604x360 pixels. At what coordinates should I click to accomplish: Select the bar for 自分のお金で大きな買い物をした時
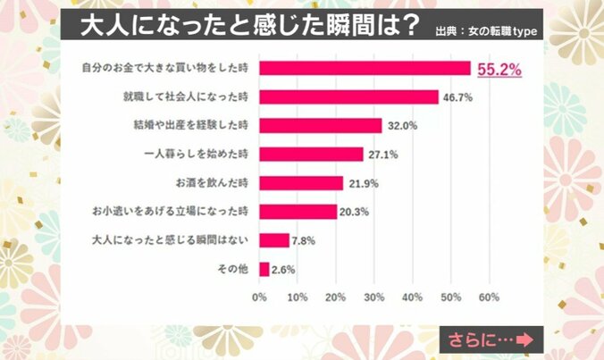click(365, 69)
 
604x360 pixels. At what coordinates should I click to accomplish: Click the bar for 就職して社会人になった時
click(348, 96)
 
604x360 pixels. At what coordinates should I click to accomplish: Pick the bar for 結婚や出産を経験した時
click(321, 125)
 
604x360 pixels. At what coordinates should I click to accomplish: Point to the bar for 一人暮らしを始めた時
click(311, 154)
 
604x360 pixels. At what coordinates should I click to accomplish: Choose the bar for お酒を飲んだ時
click(301, 182)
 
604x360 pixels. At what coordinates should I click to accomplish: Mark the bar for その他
click(264, 268)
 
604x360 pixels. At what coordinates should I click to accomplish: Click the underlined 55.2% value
click(499, 69)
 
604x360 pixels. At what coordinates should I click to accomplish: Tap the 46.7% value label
click(458, 97)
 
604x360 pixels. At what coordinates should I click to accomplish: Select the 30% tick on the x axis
click(374, 297)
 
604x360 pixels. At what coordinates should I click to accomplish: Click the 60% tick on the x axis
click(489, 297)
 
